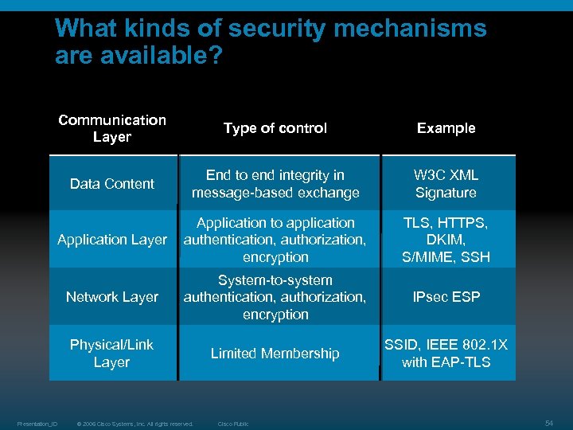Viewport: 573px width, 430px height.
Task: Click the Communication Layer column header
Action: point(112,128)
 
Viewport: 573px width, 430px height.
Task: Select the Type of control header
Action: point(275,128)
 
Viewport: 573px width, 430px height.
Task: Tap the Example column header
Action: point(446,128)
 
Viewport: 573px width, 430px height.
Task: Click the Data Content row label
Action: point(112,184)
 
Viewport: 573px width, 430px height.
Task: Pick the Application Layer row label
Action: point(112,240)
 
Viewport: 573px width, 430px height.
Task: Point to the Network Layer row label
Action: point(112,297)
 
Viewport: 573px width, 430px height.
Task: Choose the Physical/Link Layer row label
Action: point(112,354)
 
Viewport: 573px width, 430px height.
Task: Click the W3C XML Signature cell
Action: point(446,184)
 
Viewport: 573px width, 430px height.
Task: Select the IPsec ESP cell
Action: point(446,297)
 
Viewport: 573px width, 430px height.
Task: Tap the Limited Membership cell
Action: point(275,354)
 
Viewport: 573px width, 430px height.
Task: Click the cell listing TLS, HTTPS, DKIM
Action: point(446,240)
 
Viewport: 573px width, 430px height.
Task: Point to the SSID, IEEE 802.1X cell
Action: point(446,354)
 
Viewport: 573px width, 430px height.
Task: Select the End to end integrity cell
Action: point(275,184)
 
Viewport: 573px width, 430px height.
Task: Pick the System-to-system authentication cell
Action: point(275,297)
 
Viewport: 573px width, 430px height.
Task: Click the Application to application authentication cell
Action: point(275,240)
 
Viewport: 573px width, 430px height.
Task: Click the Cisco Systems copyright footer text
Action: point(134,424)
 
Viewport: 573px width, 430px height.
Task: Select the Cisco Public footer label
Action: point(233,424)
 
